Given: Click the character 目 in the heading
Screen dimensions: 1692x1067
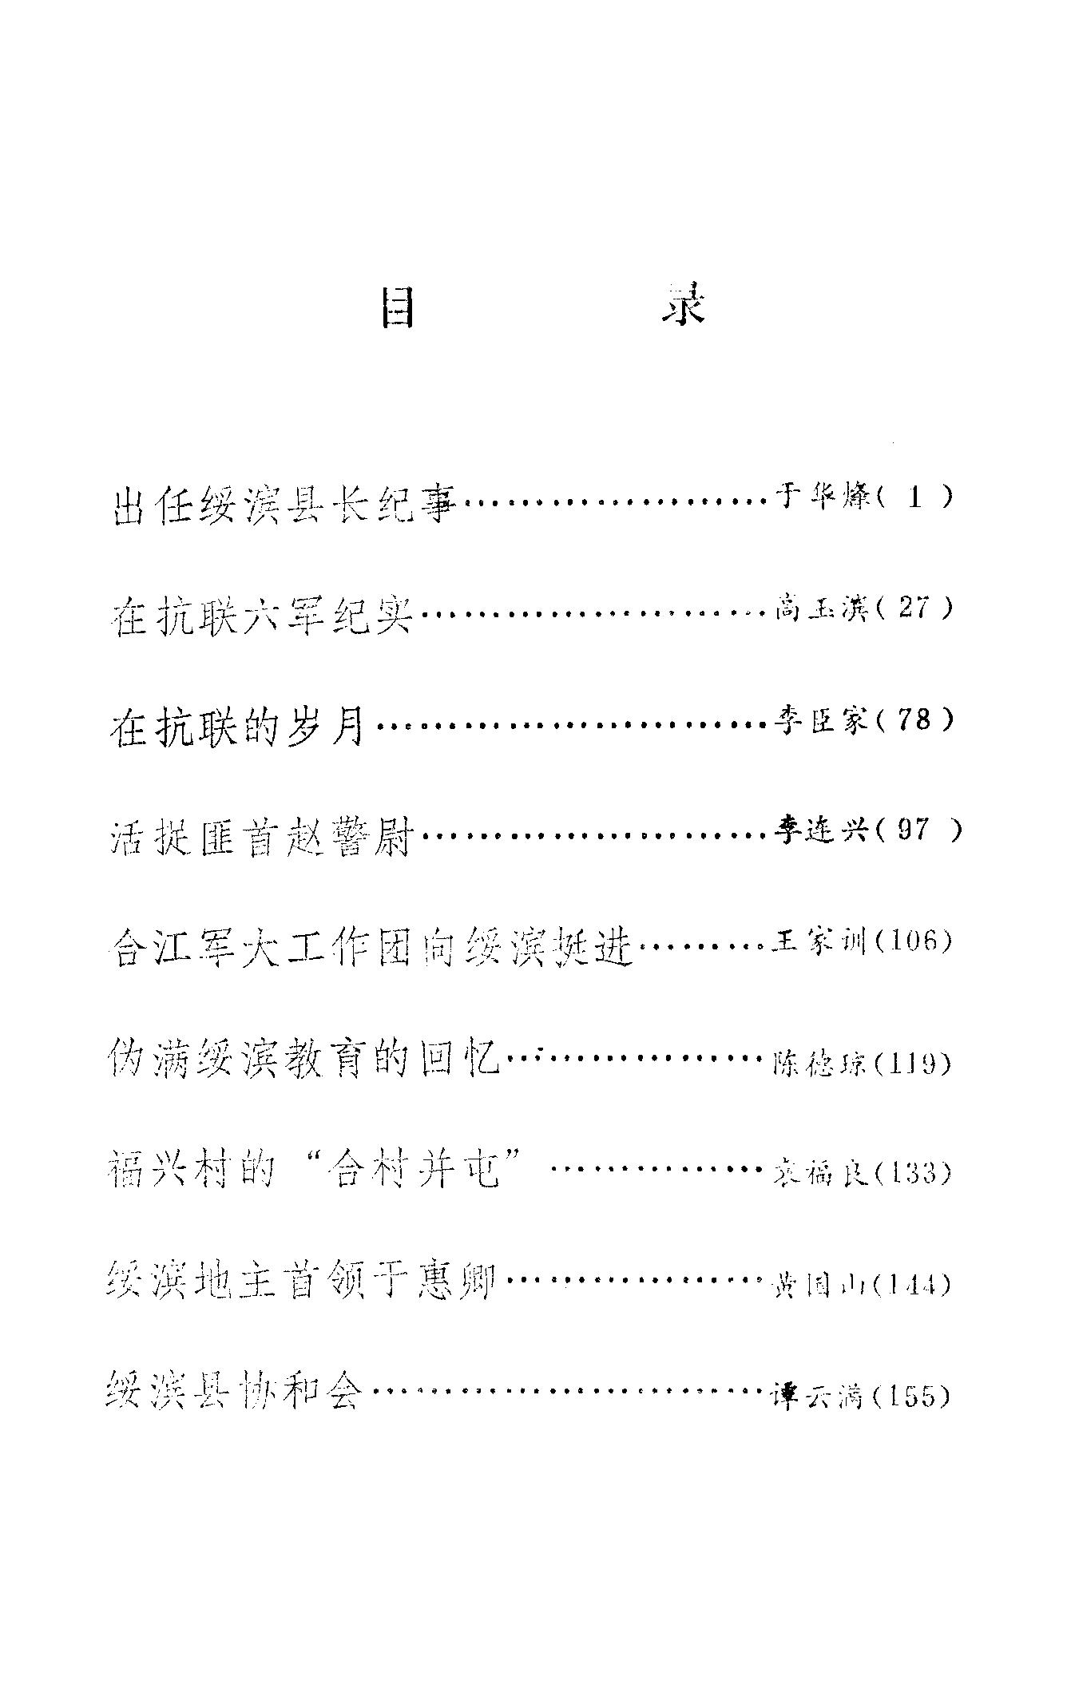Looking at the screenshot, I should tap(397, 307).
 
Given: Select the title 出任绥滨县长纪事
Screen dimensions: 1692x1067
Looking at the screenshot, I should tap(284, 505).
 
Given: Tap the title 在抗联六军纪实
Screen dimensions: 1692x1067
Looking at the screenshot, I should tap(261, 616).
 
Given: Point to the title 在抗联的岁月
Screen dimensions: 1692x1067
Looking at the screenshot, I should tap(237, 727).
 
